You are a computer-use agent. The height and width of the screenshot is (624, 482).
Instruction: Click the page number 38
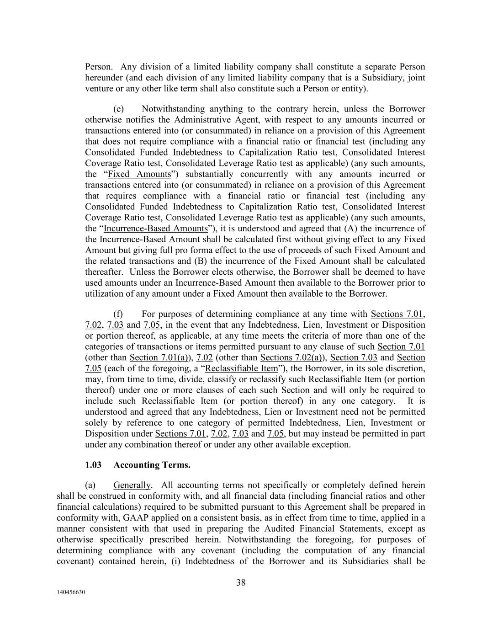click(x=241, y=582)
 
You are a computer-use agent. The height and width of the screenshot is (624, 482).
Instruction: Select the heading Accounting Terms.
click(x=152, y=465)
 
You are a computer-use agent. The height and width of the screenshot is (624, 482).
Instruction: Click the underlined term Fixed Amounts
click(x=139, y=174)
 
